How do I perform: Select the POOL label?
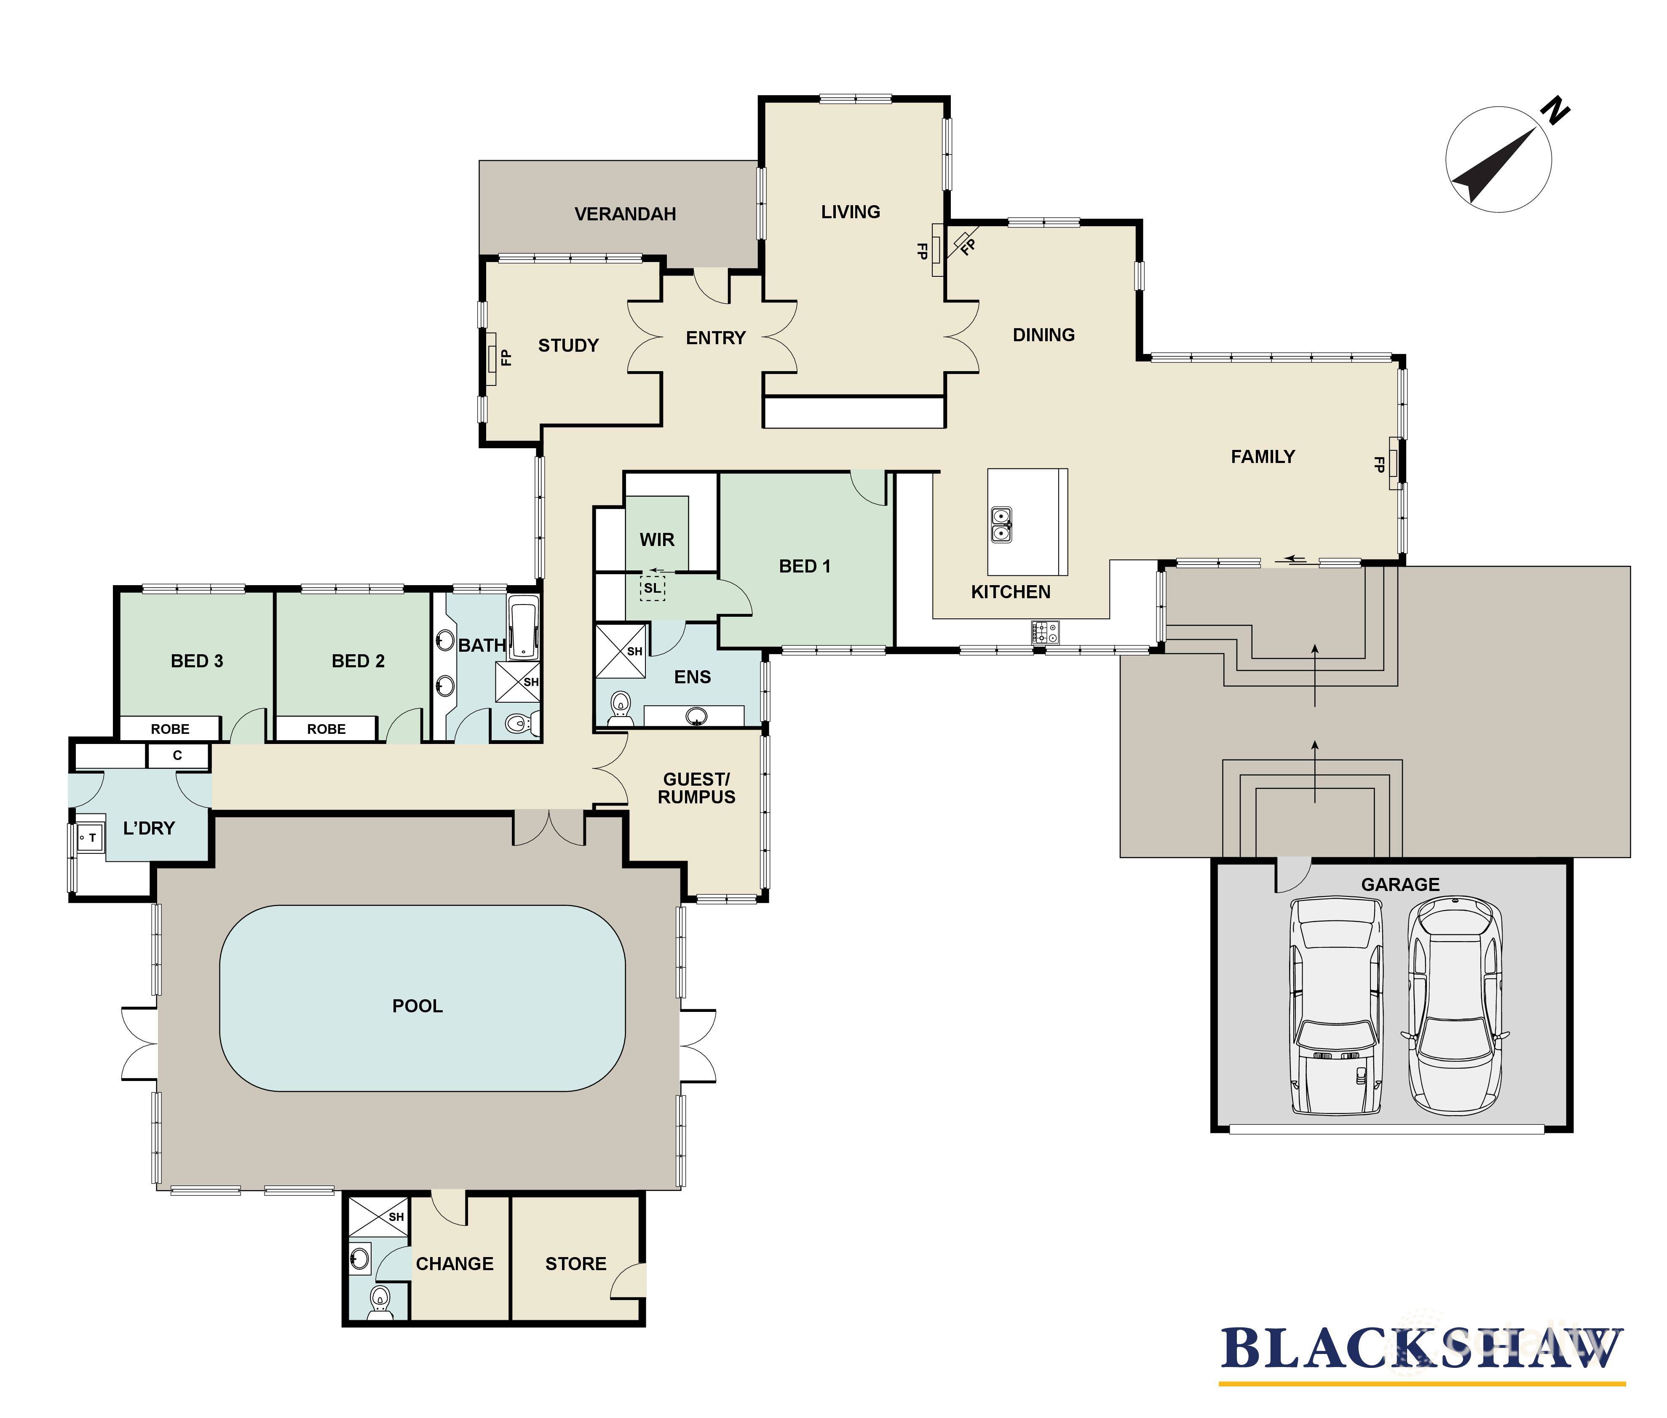(x=417, y=1006)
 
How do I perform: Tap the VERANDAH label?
(x=624, y=214)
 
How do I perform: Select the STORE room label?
(x=575, y=1264)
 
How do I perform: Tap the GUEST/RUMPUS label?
(x=696, y=788)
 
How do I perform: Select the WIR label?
(x=657, y=539)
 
